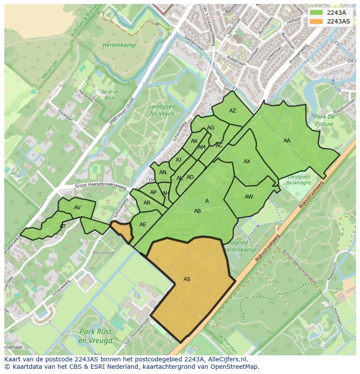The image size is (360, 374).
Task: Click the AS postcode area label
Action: click(x=187, y=279)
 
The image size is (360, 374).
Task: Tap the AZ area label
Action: click(x=233, y=111)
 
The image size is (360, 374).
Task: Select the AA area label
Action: click(x=287, y=141)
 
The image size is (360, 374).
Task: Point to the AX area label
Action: click(x=247, y=162)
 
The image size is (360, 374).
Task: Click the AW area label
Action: click(x=249, y=197)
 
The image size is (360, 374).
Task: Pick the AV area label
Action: click(x=77, y=208)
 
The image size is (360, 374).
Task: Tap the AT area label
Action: click(x=63, y=226)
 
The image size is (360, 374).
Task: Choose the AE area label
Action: click(x=143, y=225)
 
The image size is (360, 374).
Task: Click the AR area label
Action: click(x=147, y=203)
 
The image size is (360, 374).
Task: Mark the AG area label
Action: click(x=211, y=128)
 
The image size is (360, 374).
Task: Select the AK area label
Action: click(x=194, y=141)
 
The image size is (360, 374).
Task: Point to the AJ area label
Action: click(x=179, y=160)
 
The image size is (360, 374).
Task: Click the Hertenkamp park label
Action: click(x=119, y=45)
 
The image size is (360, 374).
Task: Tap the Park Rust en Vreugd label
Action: click(x=96, y=335)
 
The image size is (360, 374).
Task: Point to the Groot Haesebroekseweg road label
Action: click(x=100, y=186)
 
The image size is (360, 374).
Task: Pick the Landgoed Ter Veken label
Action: click(x=161, y=110)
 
